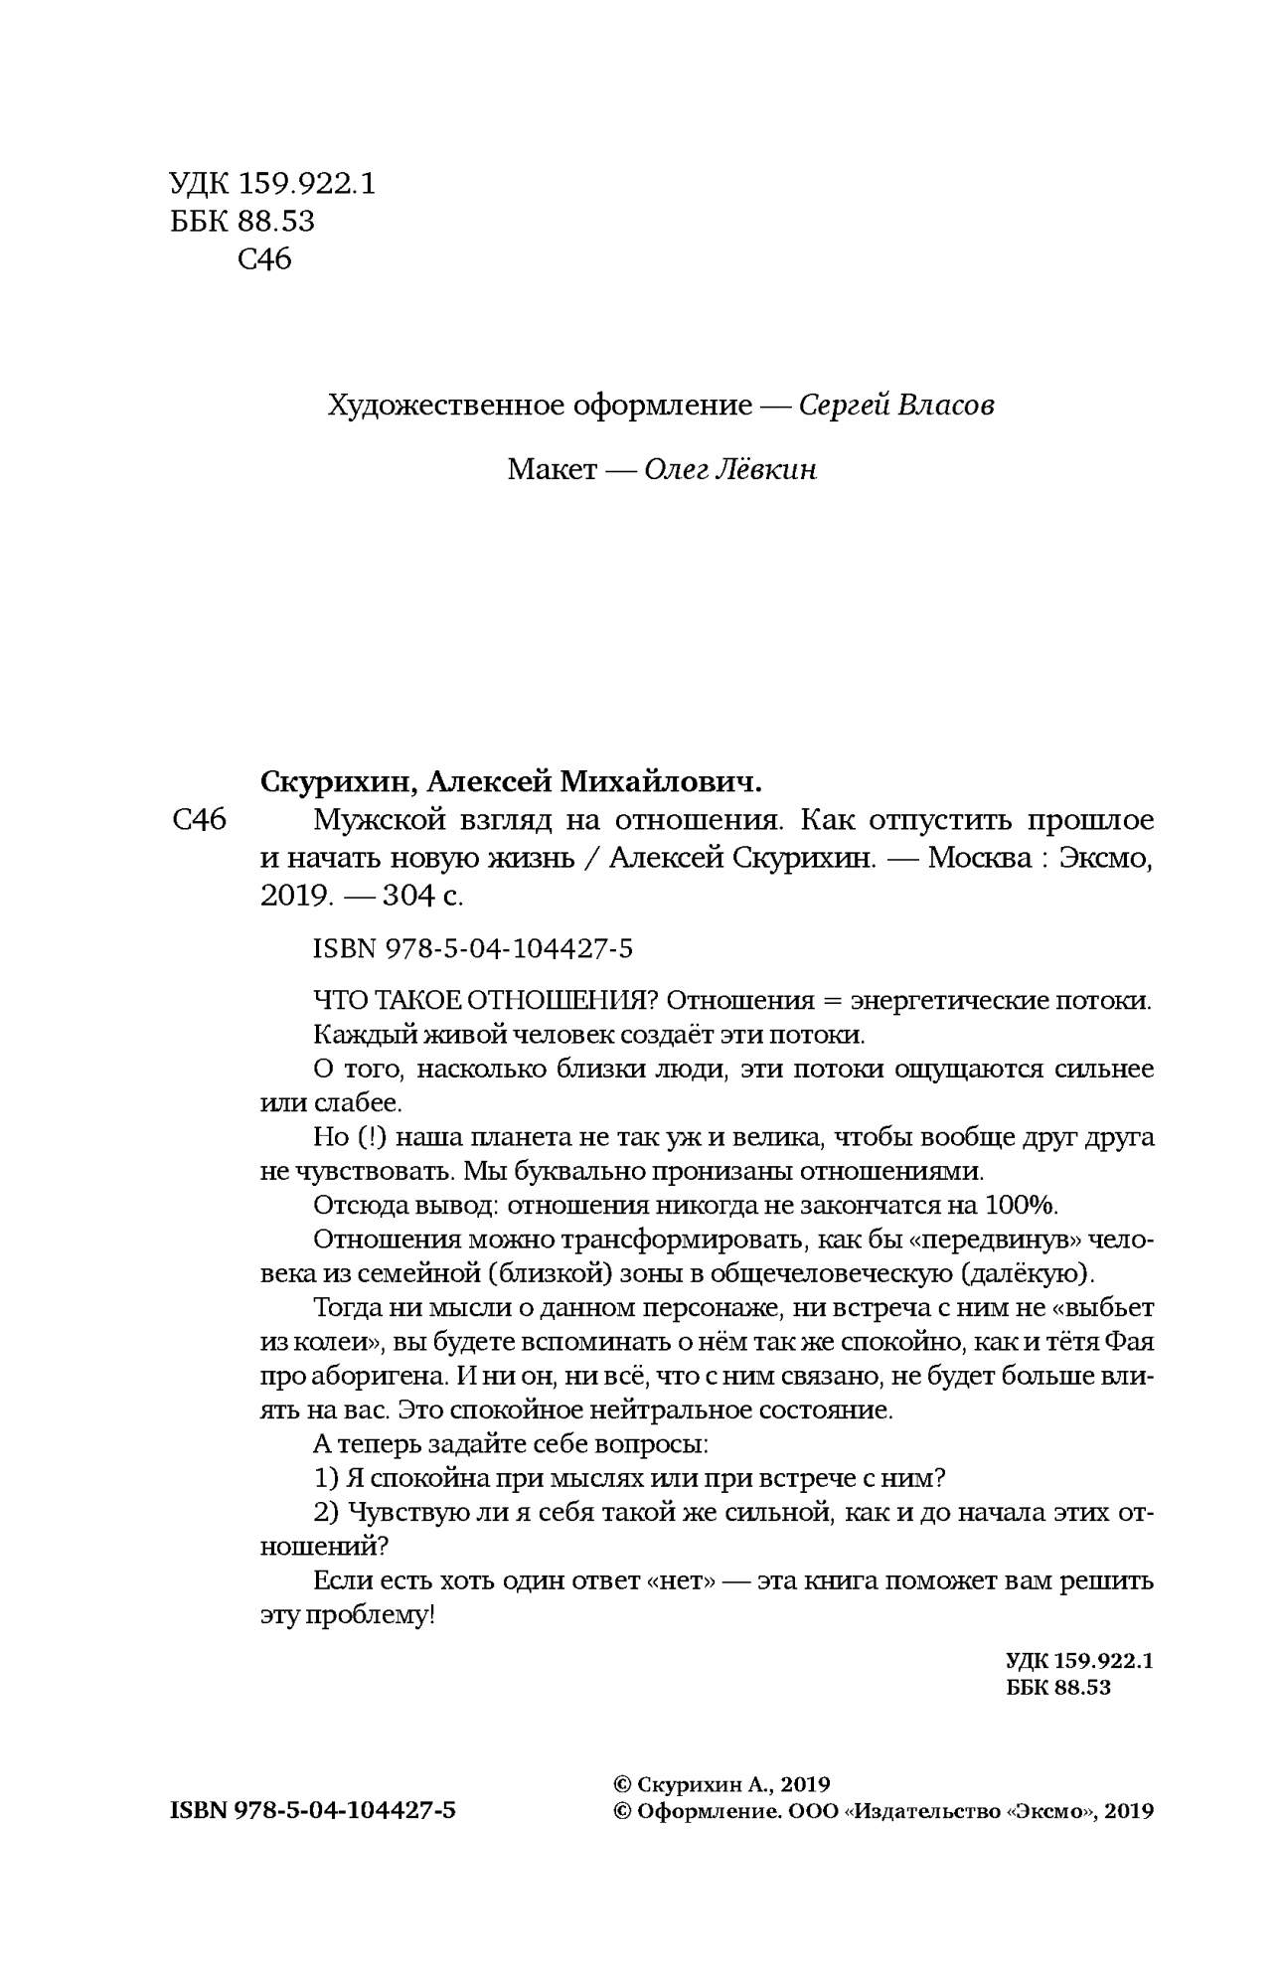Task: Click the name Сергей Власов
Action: [896, 406]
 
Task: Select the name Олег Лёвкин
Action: [730, 469]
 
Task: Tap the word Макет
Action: [552, 469]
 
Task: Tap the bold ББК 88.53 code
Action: [1058, 1687]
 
